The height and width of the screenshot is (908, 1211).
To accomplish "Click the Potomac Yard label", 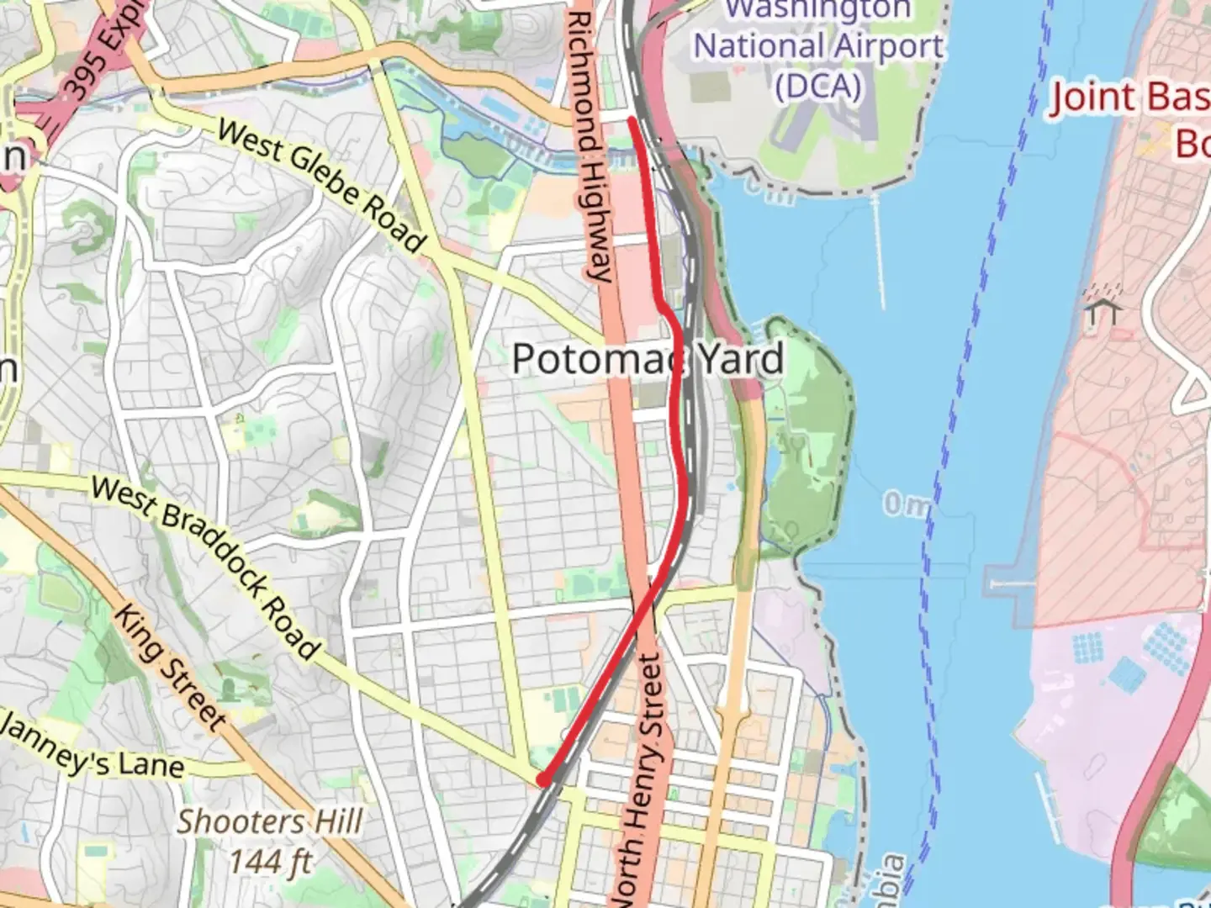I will click(648, 359).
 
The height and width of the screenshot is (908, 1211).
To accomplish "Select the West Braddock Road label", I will click(205, 567).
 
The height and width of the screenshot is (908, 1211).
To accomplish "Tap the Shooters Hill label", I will click(270, 821).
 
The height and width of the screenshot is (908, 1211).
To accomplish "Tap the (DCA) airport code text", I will click(817, 86).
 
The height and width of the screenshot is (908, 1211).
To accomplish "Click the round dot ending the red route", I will click(544, 780).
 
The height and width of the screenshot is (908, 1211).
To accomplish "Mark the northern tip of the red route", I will click(631, 120).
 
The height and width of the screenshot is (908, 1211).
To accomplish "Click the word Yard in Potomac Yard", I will click(740, 359).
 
